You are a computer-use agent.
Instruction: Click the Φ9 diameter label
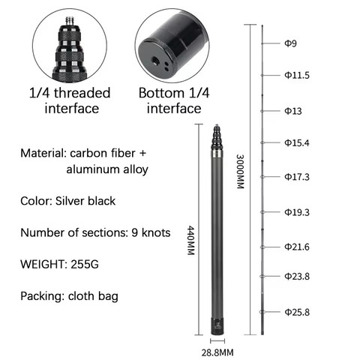pyautogui.click(x=290, y=43)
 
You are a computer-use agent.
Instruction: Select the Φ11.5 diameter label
pyautogui.click(x=297, y=75)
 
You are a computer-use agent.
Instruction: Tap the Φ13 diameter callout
pyautogui.click(x=293, y=111)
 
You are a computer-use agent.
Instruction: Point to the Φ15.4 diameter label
pyautogui.click(x=297, y=142)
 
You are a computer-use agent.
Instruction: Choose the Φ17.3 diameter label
pyautogui.click(x=297, y=177)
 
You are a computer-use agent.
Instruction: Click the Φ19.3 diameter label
pyautogui.click(x=297, y=212)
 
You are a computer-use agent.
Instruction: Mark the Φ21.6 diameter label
pyautogui.click(x=297, y=247)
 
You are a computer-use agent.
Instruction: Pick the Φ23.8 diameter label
pyautogui.click(x=297, y=276)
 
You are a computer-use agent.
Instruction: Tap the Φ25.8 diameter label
pyautogui.click(x=297, y=312)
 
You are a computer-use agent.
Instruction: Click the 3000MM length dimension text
pyautogui.click(x=240, y=172)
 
